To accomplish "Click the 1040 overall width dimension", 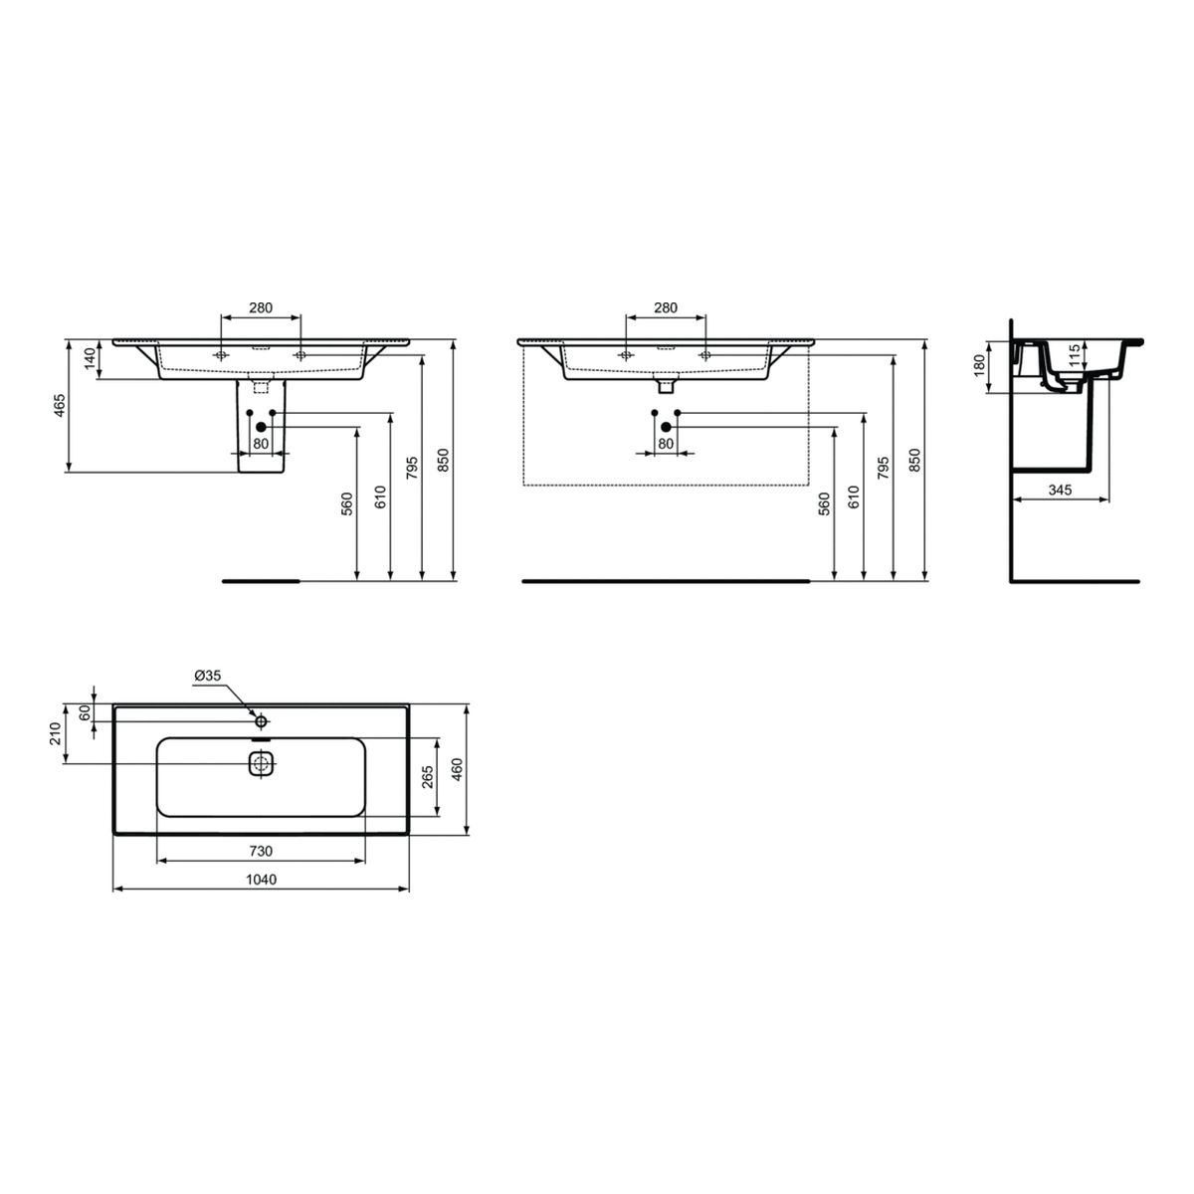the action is [261, 880].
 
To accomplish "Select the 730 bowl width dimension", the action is [261, 852].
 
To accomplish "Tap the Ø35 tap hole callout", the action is [208, 676].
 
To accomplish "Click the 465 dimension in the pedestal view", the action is [60, 405].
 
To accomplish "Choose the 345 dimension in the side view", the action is [1060, 491].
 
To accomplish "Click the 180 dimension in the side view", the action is [979, 365].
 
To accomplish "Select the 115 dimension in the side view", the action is [1074, 356].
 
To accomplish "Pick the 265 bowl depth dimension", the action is [428, 777].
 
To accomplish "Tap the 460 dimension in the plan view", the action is [458, 769].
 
